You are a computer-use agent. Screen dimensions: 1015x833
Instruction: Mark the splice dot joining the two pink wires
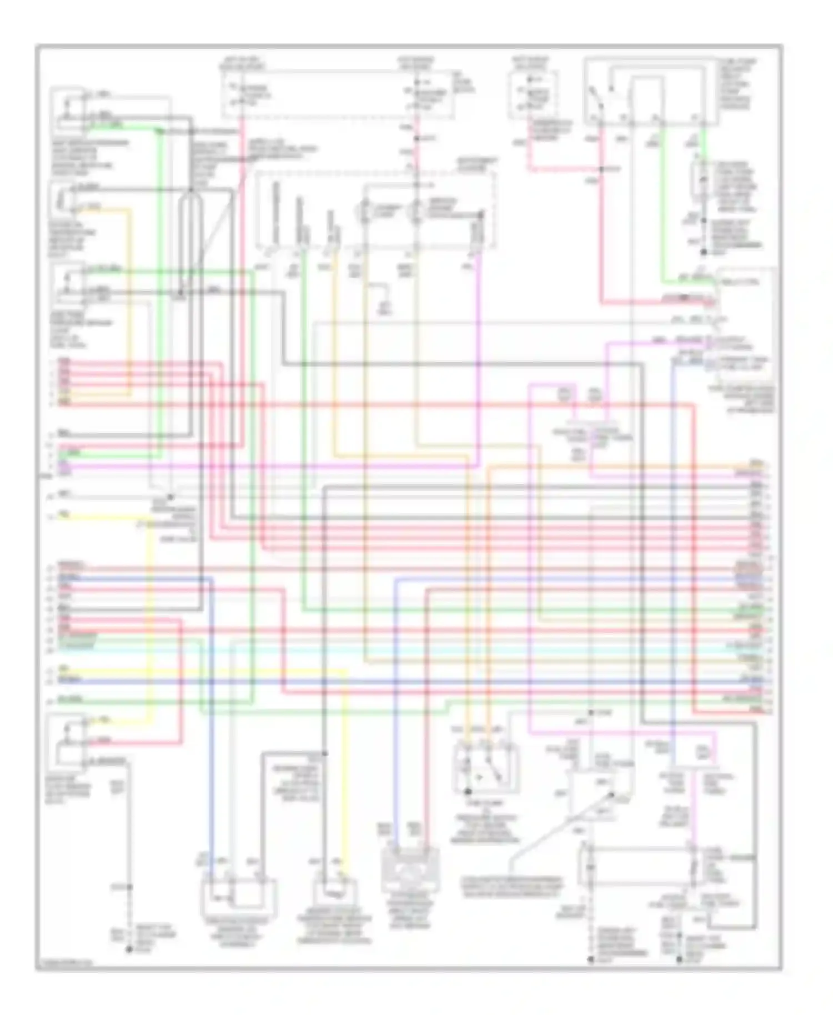(601, 169)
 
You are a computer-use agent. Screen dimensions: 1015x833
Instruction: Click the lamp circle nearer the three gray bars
(365, 212)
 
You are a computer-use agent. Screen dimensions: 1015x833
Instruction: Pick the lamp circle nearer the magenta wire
(414, 212)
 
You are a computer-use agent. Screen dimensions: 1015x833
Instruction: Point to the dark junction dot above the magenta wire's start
(481, 214)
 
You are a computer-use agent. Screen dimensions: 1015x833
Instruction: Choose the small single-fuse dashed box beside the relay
(533, 94)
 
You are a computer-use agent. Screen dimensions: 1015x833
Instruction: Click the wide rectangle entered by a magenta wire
(639, 866)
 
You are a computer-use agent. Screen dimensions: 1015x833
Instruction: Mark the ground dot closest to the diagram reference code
(129, 950)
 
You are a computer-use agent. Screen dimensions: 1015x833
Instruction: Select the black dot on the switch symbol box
(468, 791)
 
